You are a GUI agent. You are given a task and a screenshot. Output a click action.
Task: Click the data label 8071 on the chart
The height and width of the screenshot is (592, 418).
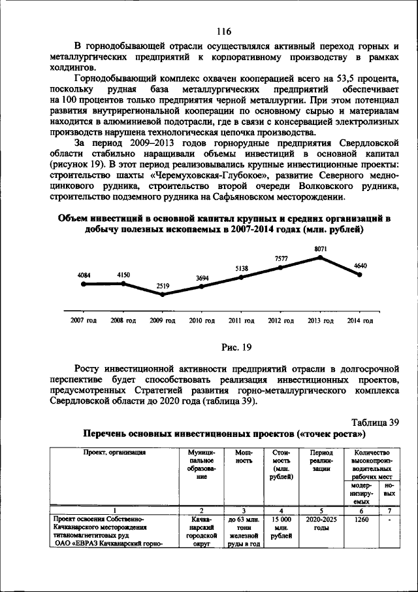point(320,249)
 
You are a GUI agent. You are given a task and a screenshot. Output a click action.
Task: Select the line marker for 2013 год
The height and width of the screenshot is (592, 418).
point(320,257)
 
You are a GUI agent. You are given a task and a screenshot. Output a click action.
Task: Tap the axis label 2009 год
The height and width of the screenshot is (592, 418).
point(163,321)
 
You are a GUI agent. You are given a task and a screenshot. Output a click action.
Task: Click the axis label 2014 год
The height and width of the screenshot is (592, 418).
point(360,321)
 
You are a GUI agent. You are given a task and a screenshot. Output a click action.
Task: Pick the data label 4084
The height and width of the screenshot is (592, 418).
point(84,275)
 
